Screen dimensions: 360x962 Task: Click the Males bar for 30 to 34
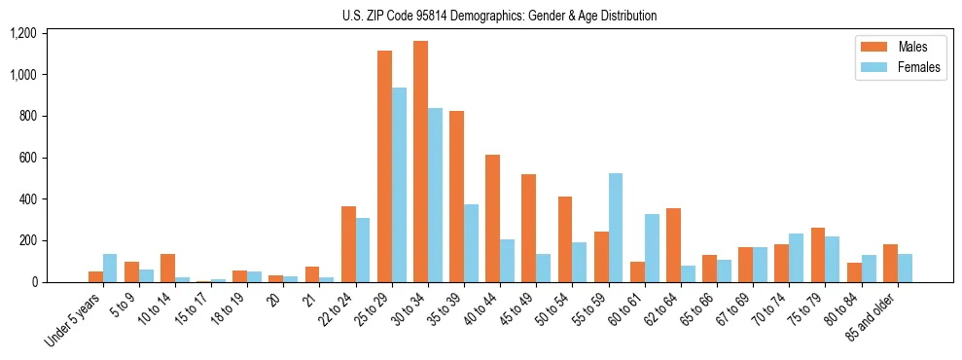point(420,162)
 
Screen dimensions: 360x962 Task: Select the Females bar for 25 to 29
point(399,185)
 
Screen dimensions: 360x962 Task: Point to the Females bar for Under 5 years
point(110,268)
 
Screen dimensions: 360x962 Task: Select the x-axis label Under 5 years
point(75,322)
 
